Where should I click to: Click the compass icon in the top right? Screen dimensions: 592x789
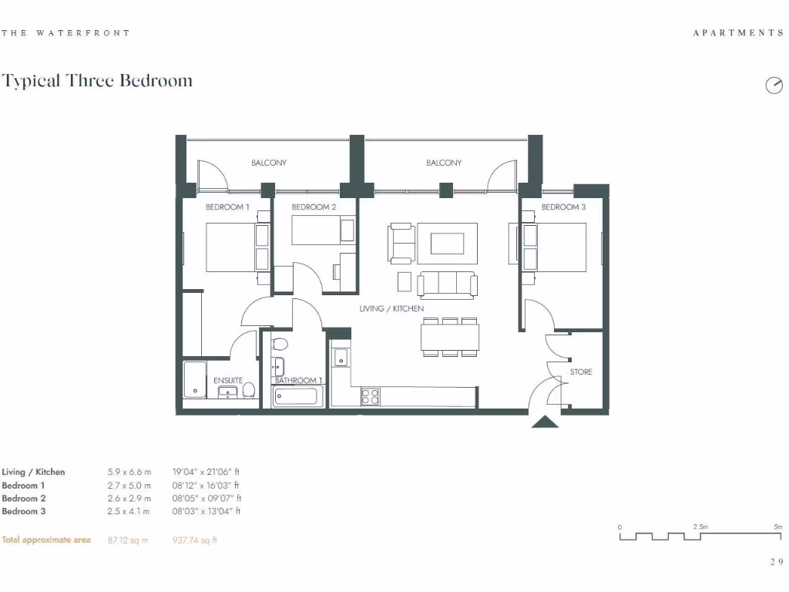[773, 86]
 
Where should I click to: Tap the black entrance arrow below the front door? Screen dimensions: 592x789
[545, 422]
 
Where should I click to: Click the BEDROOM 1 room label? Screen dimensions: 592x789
[227, 207]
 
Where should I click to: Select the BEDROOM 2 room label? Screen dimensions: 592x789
[314, 207]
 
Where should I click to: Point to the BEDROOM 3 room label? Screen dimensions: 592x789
[563, 207]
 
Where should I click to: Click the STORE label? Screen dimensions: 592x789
[581, 372]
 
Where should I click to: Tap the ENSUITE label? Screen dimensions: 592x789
[228, 381]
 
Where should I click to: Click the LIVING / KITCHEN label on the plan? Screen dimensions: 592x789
[391, 309]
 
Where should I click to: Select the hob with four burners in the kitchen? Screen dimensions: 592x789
[371, 396]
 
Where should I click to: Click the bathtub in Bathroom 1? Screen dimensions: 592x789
[299, 397]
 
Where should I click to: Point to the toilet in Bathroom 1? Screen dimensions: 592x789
[280, 344]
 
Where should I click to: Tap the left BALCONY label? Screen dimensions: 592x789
[269, 163]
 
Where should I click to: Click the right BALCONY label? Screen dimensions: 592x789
[444, 163]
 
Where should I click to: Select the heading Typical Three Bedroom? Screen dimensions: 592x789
[97, 81]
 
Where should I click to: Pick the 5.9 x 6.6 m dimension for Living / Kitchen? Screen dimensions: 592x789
[129, 472]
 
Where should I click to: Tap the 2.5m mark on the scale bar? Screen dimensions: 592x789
[700, 526]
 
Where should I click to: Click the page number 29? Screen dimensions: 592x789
[775, 562]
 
